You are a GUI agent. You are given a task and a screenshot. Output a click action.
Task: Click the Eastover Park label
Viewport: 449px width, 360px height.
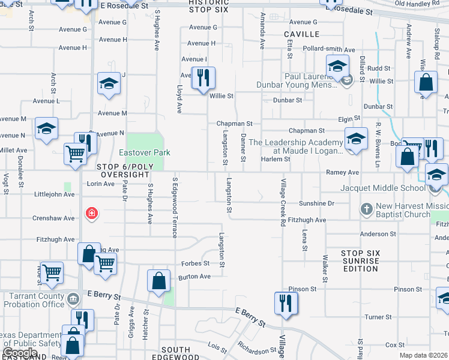(145, 153)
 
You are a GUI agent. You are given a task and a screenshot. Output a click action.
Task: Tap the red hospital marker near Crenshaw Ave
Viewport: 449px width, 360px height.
(91, 213)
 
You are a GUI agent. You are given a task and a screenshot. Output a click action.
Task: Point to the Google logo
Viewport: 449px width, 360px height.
(20, 353)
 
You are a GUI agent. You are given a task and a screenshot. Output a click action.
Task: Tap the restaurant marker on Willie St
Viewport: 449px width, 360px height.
(203, 77)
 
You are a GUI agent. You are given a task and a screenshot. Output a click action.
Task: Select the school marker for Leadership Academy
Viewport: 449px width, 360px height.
(356, 139)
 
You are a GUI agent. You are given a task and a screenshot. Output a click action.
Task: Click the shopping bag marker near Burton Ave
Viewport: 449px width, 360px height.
(158, 281)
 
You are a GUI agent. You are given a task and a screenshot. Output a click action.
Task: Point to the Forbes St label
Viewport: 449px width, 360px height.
(196, 263)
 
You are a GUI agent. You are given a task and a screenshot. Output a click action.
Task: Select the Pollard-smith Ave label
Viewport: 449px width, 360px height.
(330, 49)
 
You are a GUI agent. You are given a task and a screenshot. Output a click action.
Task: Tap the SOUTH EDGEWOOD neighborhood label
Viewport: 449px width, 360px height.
(176, 354)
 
